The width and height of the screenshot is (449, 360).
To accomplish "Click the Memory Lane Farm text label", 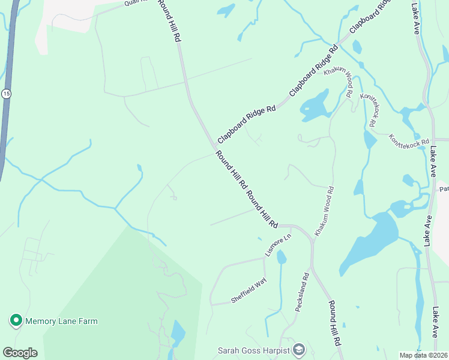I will point(61,322).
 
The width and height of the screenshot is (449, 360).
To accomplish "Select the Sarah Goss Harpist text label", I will point(253,350).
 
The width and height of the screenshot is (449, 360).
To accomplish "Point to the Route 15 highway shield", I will point(6,94).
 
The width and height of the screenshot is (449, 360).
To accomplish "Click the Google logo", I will point(20,353).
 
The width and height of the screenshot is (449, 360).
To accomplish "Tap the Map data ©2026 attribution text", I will point(424,355).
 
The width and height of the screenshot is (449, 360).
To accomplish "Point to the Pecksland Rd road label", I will point(301,292).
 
